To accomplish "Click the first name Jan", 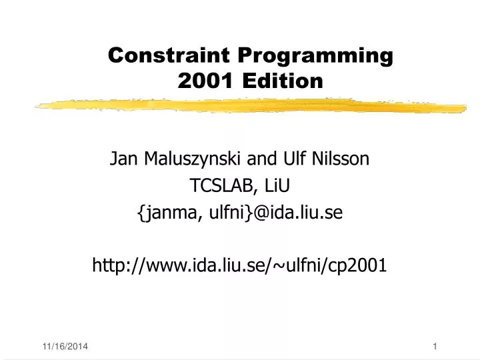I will pyautogui.click(x=122, y=159).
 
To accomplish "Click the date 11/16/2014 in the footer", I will pyautogui.click(x=64, y=345).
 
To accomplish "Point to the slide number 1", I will pyautogui.click(x=435, y=345).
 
